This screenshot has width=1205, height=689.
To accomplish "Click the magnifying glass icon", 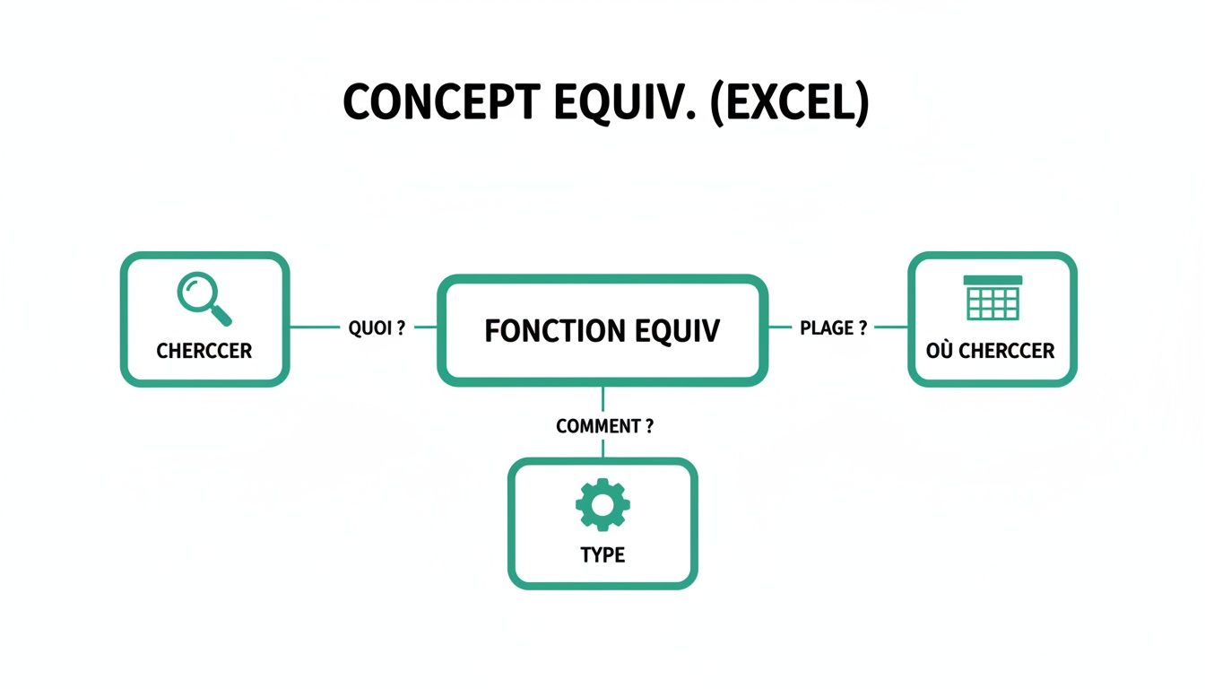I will coord(204,298).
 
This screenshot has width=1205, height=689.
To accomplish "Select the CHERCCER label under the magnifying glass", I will coord(204,351).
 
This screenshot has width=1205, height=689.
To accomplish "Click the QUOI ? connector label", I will coord(377,328).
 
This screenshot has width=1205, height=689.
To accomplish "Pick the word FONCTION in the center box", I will coord(542,331).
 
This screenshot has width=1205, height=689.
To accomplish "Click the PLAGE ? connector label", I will coord(833,328).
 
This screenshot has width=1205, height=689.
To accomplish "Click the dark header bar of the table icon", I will coord(993,280).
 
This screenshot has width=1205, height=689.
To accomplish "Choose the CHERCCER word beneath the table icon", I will coord(1007,351).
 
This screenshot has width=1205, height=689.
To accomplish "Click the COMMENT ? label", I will coord(604,427).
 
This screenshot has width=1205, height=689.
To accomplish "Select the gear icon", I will coord(602,505).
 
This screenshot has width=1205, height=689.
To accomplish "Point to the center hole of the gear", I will coord(602,505).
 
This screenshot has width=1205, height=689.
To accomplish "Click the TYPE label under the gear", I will coord(602,555).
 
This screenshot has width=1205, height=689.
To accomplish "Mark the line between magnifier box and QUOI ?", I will coord(314,327).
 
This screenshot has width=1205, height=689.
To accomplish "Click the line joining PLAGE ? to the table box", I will coord(891,327).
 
